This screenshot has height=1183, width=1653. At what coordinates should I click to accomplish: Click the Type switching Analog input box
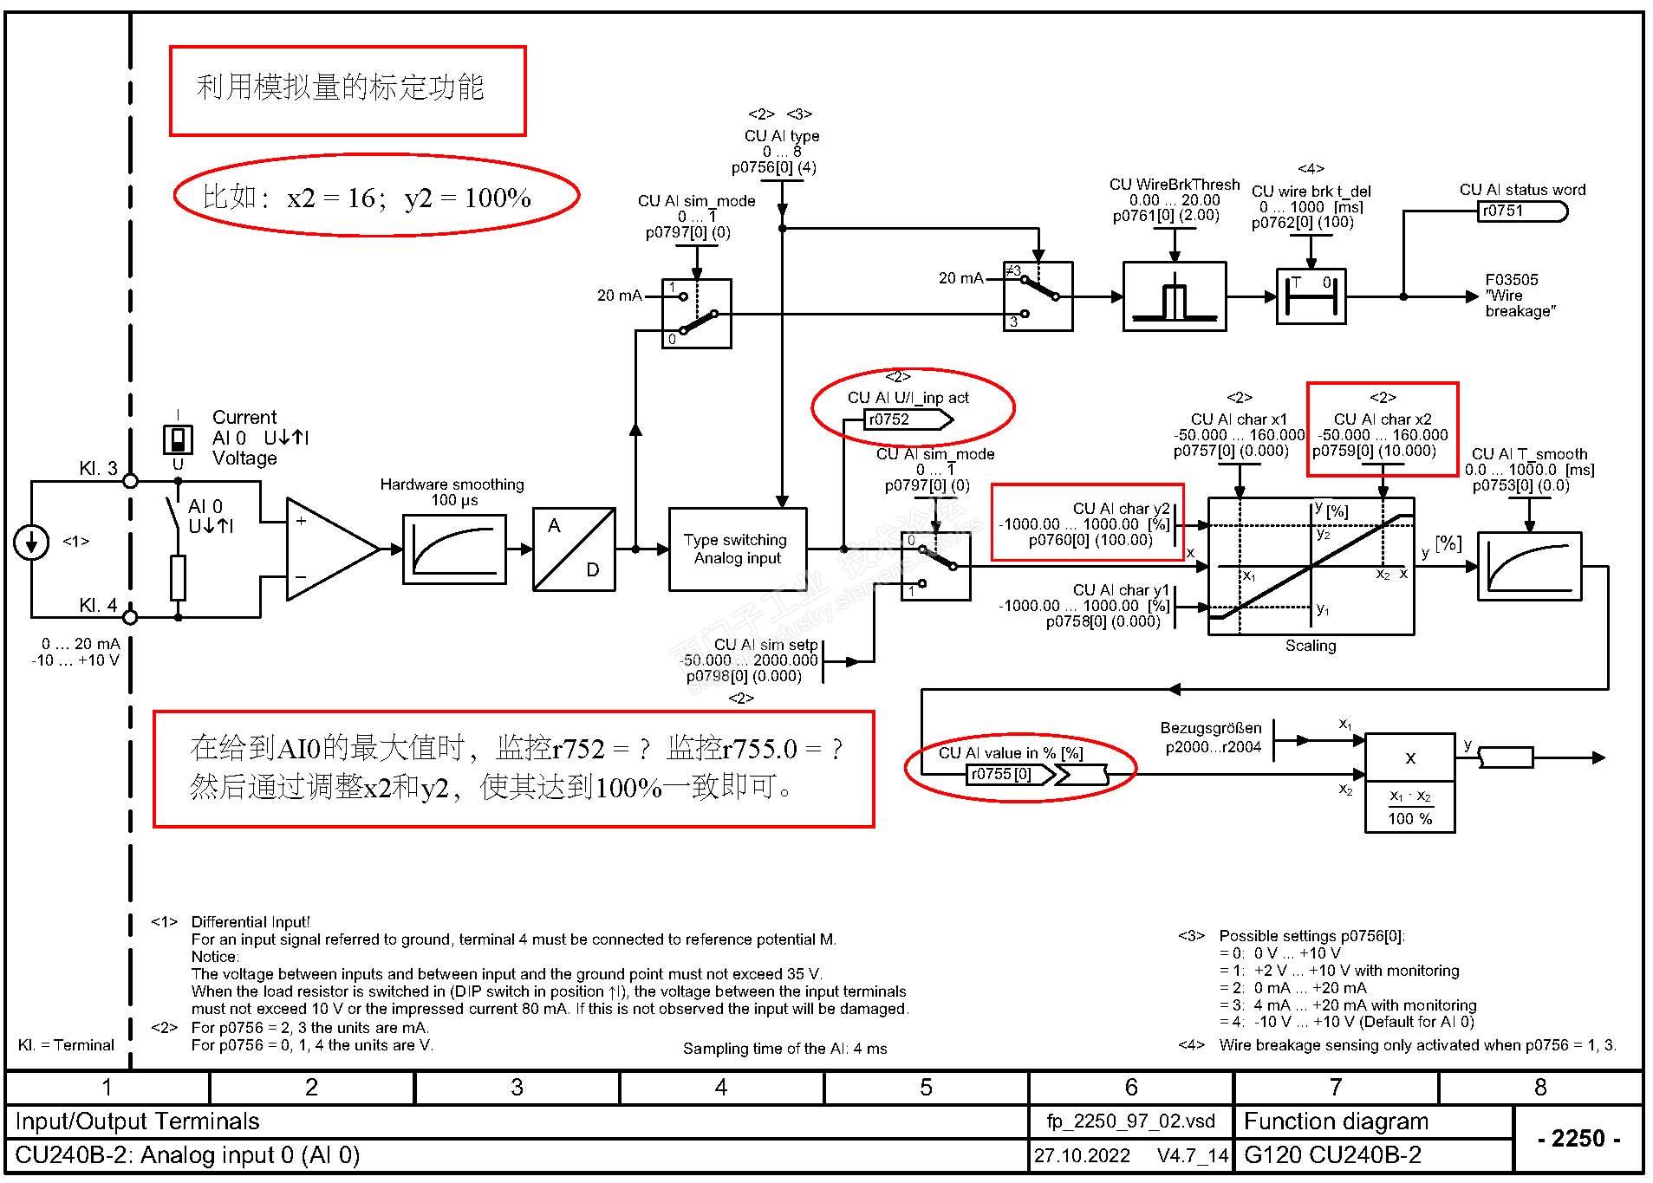[737, 549]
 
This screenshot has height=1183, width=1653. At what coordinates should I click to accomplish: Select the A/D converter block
[574, 549]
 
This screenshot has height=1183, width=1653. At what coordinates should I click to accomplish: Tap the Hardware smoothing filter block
[454, 549]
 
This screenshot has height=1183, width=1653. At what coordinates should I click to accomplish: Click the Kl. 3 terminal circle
[130, 480]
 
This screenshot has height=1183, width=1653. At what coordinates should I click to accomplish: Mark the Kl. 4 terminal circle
[130, 617]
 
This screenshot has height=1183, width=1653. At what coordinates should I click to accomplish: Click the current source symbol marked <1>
[31, 543]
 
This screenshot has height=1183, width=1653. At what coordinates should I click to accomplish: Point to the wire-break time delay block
[1310, 296]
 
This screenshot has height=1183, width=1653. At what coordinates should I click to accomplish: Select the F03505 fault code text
[1511, 280]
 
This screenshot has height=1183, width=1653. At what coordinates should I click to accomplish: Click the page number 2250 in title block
[1578, 1138]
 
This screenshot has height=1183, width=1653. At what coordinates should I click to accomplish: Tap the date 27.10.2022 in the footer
[1082, 1156]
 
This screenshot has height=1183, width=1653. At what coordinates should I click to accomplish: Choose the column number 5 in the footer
[926, 1088]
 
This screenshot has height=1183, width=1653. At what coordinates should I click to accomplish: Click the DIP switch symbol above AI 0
[178, 439]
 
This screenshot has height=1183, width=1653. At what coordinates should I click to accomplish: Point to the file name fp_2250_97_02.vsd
[1130, 1121]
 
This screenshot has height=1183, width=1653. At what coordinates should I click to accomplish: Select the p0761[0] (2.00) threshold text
[1165, 216]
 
